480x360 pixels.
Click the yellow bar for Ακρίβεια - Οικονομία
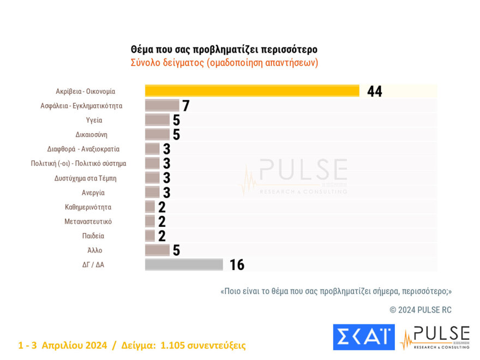[251, 91]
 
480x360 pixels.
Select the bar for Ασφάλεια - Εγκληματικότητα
[162, 106]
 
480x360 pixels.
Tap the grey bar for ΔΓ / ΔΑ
[184, 265]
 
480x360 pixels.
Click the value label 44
[375, 92]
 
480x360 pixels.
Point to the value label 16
[237, 265]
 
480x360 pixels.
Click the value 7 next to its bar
[185, 106]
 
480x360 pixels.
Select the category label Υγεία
[94, 120]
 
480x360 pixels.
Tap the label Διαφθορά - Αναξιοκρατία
[83, 149]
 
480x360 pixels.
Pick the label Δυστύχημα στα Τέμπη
[85, 178]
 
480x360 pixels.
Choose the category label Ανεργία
[93, 193]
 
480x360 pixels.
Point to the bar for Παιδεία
[150, 236]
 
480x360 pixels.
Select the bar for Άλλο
[157, 250]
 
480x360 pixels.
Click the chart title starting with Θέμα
[224, 50]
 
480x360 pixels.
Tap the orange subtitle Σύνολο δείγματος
[224, 63]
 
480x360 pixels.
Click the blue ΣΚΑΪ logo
[363, 337]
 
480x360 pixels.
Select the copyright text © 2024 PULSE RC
[421, 310]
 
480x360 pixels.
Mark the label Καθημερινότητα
[88, 207]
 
